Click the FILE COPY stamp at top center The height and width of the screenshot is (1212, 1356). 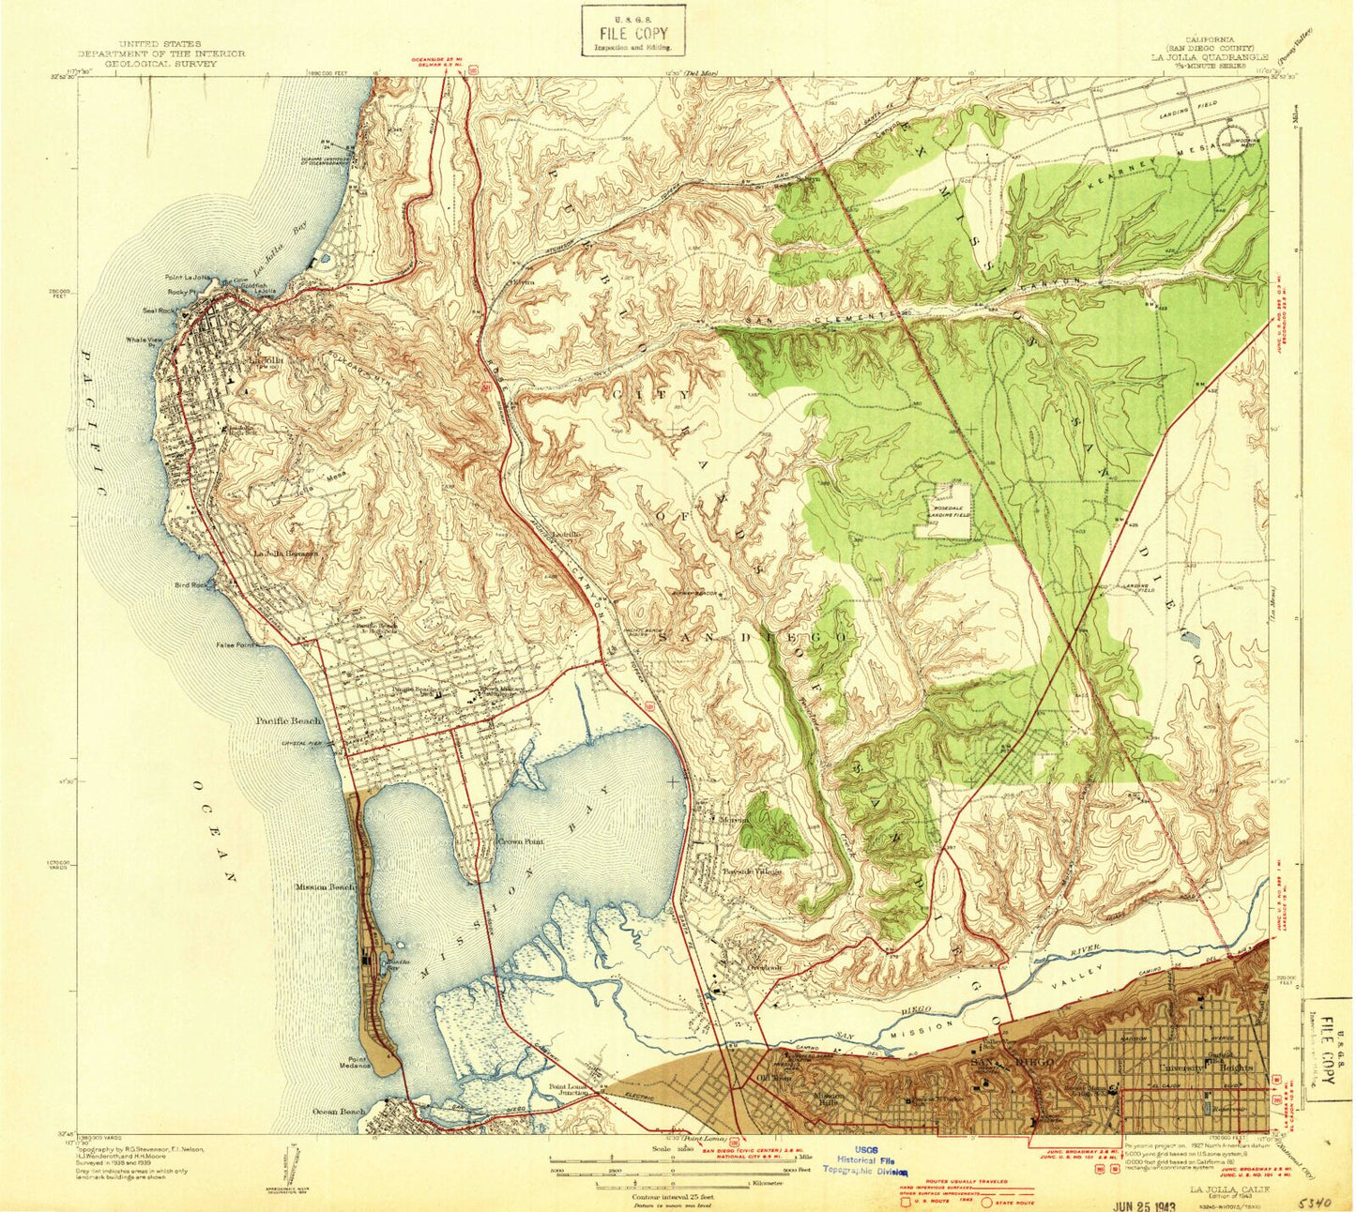point(632,31)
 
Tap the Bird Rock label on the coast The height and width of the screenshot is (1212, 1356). point(190,584)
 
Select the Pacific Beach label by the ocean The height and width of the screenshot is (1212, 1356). point(287,721)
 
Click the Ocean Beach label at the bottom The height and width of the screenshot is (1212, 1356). point(338,1112)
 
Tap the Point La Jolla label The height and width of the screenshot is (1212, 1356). point(185,278)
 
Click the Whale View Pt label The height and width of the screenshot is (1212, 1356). point(145,340)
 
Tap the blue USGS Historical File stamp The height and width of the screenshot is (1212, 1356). point(861,1159)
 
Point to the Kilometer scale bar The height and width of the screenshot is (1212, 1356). point(656,1183)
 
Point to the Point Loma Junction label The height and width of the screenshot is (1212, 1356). point(569,1091)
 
